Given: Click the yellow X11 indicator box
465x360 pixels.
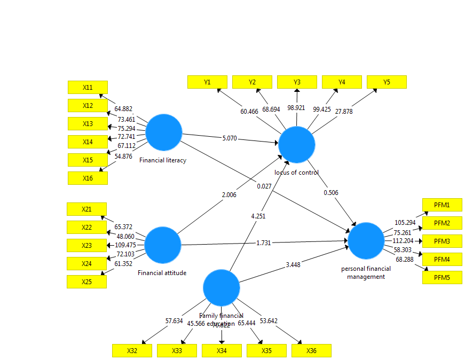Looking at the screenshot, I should (88, 87).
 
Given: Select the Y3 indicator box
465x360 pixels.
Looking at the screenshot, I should (297, 82).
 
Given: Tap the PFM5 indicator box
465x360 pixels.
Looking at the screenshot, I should (442, 277).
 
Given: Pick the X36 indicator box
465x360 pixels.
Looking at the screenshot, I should (311, 350).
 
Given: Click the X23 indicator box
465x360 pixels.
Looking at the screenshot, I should (86, 245).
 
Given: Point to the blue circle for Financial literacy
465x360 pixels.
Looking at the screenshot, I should (164, 132).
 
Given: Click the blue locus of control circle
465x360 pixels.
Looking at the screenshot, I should (297, 144).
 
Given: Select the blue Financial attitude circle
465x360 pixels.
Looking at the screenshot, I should (163, 245).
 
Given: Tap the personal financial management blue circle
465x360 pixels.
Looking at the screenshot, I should (366, 241).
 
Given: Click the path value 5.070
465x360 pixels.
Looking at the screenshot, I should (230, 138).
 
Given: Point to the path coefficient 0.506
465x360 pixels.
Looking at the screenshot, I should (330, 193).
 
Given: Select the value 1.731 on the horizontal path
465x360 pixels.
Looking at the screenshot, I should (263, 243).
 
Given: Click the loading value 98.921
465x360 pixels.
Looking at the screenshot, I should (296, 108).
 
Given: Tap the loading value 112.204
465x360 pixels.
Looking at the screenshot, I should (404, 240).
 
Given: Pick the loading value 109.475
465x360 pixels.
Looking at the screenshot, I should (125, 245).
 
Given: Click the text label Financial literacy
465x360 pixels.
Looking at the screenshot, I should (163, 160).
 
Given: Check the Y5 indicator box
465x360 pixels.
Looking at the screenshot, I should (387, 82).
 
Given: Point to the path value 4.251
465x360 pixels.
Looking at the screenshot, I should (258, 216).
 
